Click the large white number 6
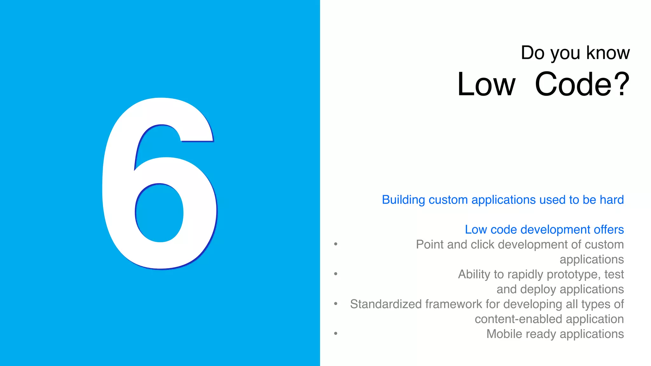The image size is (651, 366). pos(118,191)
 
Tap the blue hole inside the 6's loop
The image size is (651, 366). pos(159,213)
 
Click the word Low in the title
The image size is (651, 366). pos(486,85)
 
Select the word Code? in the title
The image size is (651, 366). pos(582,85)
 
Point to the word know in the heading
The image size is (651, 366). pos(608,53)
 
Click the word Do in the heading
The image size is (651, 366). pos(532,53)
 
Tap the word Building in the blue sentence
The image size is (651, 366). pos(403,200)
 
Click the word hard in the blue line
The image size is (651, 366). pos(612,200)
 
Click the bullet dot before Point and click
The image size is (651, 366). pos(336,244)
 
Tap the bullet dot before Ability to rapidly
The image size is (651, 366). pos(336,274)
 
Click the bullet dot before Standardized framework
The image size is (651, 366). pos(336,303)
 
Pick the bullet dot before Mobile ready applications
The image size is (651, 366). pos(336,333)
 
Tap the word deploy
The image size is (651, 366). pos(538,289)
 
